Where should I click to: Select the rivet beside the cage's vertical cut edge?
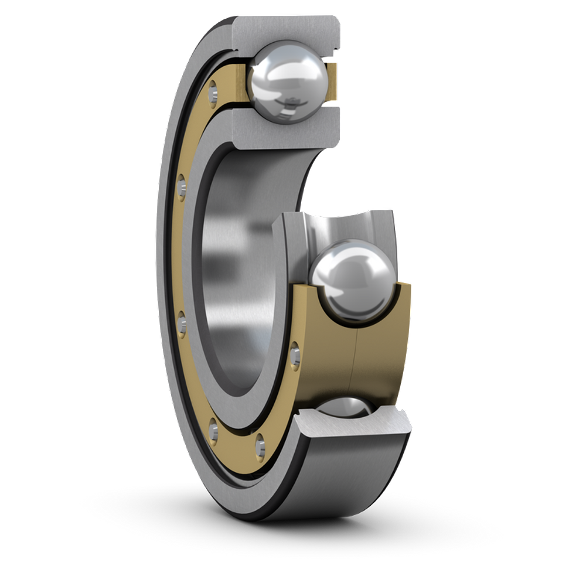294,354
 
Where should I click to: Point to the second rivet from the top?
181,187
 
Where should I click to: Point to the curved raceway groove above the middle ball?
346,226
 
